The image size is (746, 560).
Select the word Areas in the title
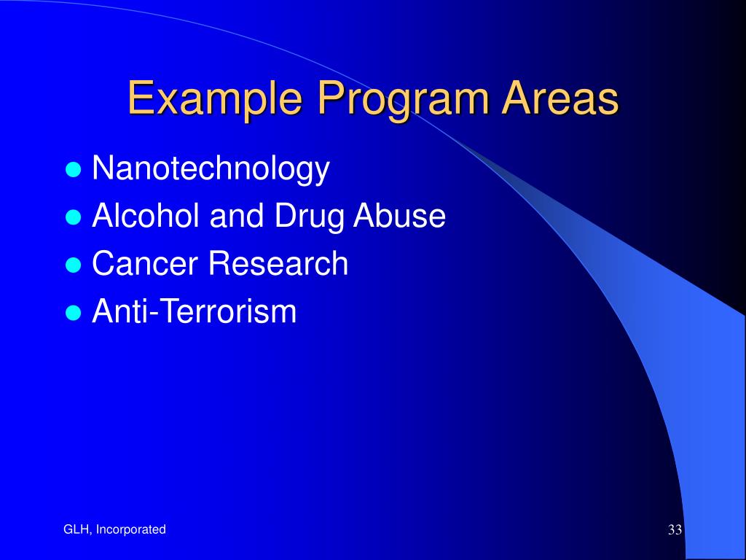(560, 98)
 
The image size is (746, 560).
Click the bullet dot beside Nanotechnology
(73, 169)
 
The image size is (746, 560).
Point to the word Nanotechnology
(211, 168)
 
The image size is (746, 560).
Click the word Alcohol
(146, 215)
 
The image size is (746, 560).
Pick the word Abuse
(399, 215)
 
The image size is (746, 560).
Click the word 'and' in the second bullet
(237, 215)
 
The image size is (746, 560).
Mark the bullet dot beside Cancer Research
(73, 265)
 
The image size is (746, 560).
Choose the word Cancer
(145, 262)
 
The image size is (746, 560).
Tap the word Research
(278, 262)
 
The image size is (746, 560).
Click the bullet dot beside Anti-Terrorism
(73, 312)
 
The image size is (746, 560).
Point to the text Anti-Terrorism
(194, 311)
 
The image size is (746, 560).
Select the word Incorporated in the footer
(131, 530)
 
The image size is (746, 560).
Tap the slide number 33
(675, 529)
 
